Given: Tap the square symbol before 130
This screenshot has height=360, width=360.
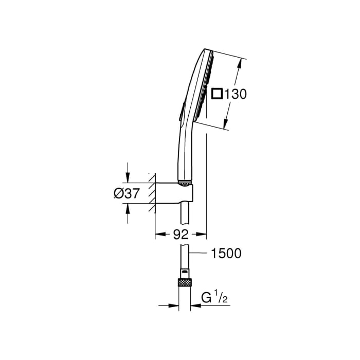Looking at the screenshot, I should [218, 94].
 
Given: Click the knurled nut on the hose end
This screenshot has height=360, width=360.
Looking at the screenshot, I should [184, 282].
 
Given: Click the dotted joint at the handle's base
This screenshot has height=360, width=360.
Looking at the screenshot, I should [185, 182].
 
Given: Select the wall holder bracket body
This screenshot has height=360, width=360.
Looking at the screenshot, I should [175, 193].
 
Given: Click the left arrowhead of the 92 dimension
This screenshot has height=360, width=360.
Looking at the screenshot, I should [159, 235].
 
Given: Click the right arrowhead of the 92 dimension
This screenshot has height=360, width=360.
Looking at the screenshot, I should [203, 235].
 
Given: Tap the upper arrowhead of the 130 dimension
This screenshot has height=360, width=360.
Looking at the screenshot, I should [239, 63].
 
